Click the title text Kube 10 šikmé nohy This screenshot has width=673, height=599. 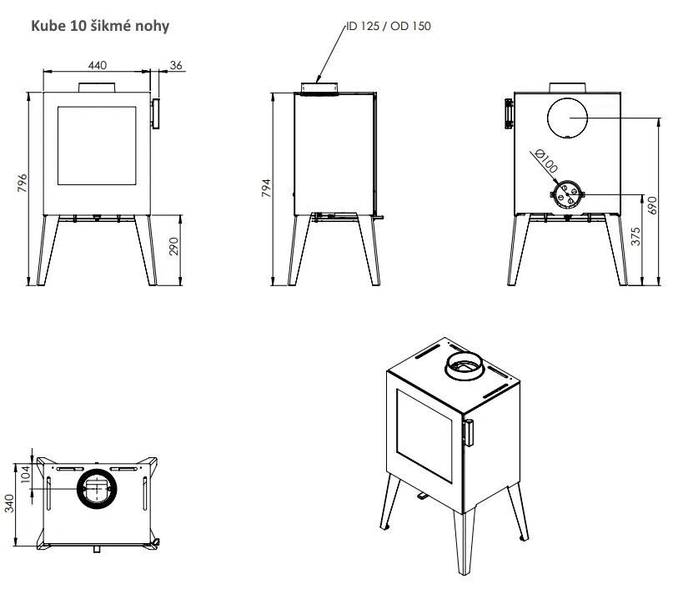(100, 26)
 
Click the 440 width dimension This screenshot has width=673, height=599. (98, 65)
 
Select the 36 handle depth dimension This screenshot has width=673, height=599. (176, 65)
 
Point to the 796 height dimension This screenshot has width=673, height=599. (23, 183)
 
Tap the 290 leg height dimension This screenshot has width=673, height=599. (173, 246)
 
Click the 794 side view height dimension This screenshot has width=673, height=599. (266, 188)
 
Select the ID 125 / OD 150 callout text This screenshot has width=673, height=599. (389, 26)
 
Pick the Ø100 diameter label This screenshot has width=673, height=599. (547, 160)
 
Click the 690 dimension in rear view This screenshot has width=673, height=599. (652, 205)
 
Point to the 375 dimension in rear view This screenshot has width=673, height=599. (635, 237)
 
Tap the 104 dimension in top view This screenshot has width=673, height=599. (25, 475)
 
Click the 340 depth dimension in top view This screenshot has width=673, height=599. (9, 503)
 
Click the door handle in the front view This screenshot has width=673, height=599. (155, 113)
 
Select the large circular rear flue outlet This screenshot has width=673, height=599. (567, 118)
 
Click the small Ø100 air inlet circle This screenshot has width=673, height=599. (567, 194)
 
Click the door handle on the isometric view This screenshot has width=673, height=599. (469, 433)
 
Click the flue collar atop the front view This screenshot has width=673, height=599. (97, 87)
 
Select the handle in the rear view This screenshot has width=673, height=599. (509, 113)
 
